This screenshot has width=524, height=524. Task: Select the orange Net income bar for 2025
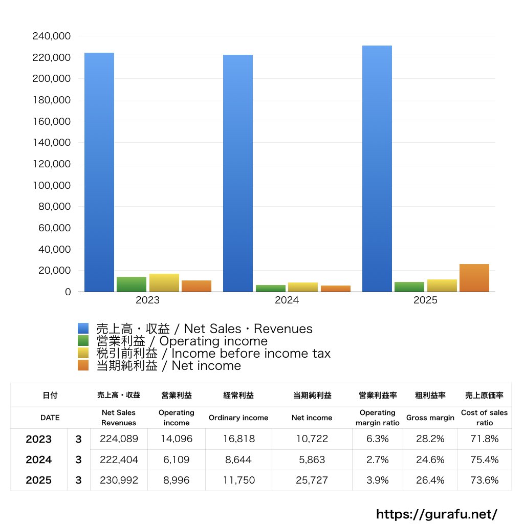click(474, 278)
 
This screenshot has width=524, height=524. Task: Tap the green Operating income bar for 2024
click(271, 288)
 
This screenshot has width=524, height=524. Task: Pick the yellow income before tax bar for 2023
click(164, 282)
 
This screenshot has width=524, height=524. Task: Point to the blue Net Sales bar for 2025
click(377, 169)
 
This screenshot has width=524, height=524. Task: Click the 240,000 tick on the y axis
click(51, 36)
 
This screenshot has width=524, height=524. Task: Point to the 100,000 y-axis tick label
click(51, 185)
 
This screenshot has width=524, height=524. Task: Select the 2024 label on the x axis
click(287, 300)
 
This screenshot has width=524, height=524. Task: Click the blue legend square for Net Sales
click(83, 329)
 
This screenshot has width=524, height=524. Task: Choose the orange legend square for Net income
click(83, 365)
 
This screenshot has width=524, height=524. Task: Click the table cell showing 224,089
click(119, 439)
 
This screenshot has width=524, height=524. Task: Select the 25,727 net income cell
click(312, 480)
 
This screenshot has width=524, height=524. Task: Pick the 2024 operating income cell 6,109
click(176, 460)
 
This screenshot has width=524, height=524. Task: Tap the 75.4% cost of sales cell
click(485, 460)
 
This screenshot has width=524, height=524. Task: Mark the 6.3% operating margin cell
click(377, 439)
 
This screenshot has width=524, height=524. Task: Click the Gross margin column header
click(430, 418)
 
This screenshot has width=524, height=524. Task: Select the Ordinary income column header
click(238, 418)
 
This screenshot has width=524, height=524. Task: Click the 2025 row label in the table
click(39, 480)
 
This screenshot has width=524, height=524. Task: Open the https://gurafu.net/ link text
click(436, 514)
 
